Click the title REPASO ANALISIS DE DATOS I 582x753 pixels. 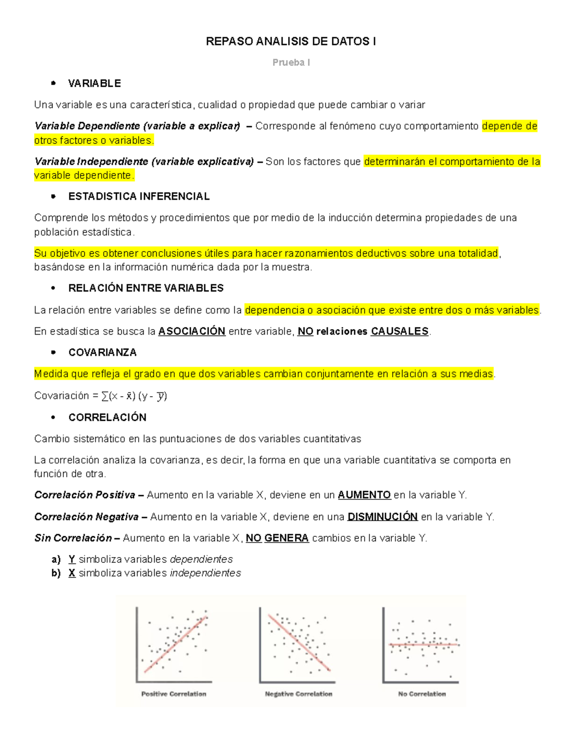pyautogui.click(x=291, y=42)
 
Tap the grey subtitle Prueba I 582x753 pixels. pyautogui.click(x=291, y=63)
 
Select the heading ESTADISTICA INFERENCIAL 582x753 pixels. pyautogui.click(x=139, y=196)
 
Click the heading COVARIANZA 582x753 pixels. pyautogui.click(x=102, y=352)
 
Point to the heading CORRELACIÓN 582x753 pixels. pyautogui.click(x=107, y=417)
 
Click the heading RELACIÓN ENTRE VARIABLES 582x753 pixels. pyautogui.click(x=146, y=288)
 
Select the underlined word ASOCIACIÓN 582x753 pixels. pyautogui.click(x=192, y=331)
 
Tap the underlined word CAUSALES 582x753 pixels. pyautogui.click(x=400, y=331)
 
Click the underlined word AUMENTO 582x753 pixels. pyautogui.click(x=364, y=495)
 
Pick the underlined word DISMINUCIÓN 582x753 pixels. pyautogui.click(x=383, y=517)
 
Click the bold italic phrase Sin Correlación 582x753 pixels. pyautogui.click(x=73, y=538)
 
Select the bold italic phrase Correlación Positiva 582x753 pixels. pyautogui.click(x=85, y=495)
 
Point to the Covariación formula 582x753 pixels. pyautogui.click(x=101, y=396)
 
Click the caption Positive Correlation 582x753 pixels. pyautogui.click(x=174, y=694)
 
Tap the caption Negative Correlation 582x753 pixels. pyautogui.click(x=298, y=694)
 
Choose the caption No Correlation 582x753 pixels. pyautogui.click(x=421, y=694)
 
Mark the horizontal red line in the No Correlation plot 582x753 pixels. pyautogui.click(x=423, y=645)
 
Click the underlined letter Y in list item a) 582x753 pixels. pyautogui.click(x=72, y=560)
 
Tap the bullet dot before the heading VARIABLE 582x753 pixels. pyautogui.click(x=53, y=83)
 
